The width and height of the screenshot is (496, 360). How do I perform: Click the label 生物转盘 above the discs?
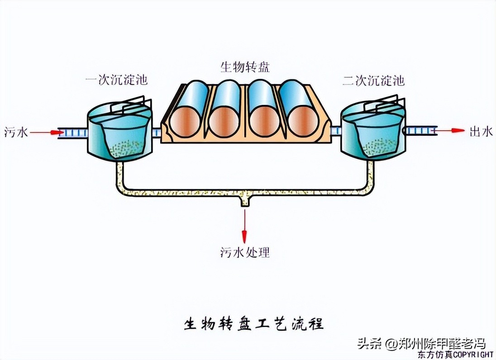click(x=245, y=68)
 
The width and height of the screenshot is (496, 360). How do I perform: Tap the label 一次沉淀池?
click(x=117, y=81)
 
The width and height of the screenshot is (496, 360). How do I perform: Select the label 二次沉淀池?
click(x=373, y=81)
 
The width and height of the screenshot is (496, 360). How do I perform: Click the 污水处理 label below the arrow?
click(x=245, y=252)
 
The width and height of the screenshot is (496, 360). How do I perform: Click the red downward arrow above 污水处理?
click(x=244, y=226)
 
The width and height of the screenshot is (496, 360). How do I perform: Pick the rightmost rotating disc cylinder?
click(x=298, y=109)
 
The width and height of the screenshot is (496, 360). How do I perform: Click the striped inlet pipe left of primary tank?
click(x=74, y=133)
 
